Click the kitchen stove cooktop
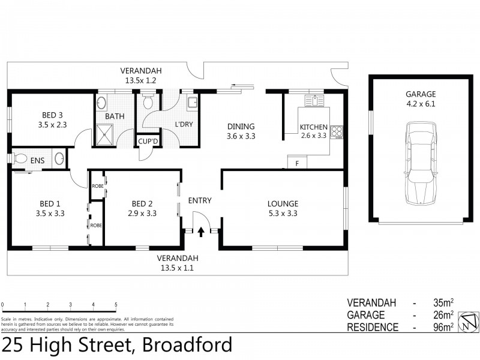coord(337,130)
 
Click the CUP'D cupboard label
coord(148,142)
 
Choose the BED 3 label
coord(52,115)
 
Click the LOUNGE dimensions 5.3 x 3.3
coord(283,213)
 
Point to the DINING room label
coord(241,127)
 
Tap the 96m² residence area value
coord(443,327)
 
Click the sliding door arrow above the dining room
coord(238,86)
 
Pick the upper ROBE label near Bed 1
coord(97,186)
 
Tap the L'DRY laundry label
coord(183,124)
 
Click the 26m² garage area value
coord(443,315)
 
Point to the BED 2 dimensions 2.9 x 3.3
coord(143,213)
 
